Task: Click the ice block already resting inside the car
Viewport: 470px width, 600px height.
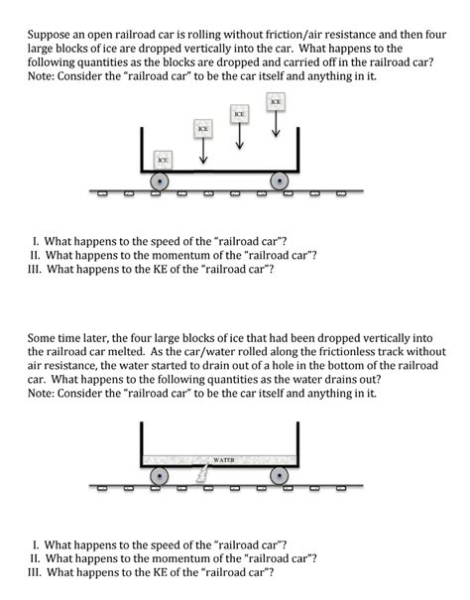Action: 161,159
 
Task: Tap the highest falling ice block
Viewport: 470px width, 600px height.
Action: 276,102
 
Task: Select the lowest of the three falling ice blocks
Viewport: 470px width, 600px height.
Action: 202,129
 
